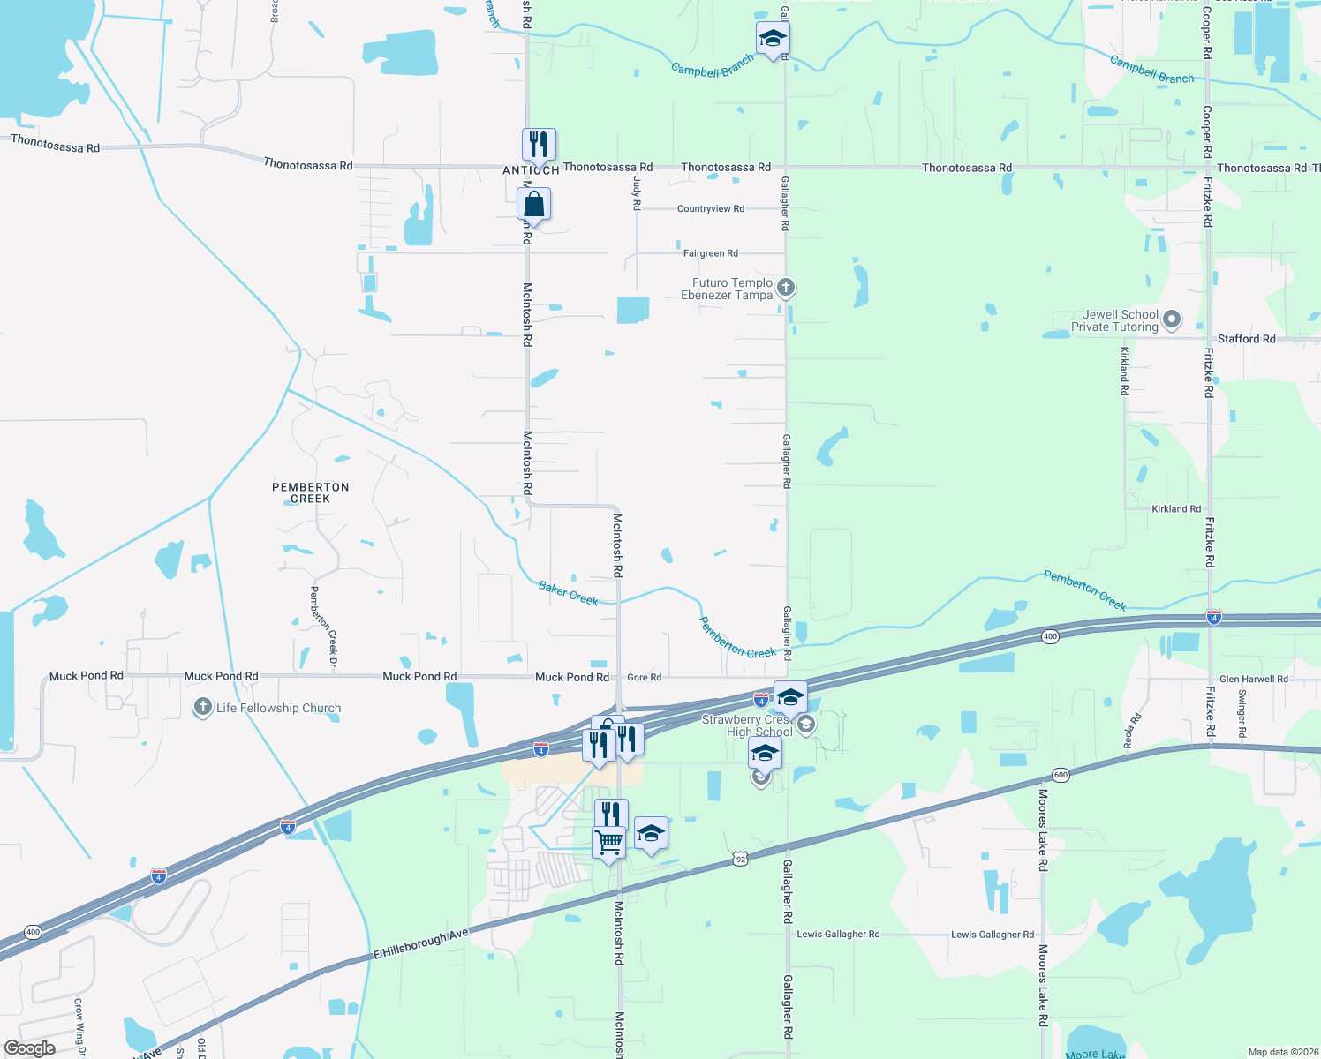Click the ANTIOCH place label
tap(531, 170)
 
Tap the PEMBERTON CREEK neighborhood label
tap(310, 492)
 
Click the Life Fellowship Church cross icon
tap(203, 707)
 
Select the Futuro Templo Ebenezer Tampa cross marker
tap(785, 288)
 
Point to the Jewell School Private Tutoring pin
tap(1172, 319)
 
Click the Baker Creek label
tap(568, 593)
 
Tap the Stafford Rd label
tap(1246, 339)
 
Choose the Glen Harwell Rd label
tap(1253, 679)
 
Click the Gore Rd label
tap(644, 678)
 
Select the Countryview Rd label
tap(710, 209)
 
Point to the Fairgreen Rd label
tap(710, 253)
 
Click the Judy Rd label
tap(637, 192)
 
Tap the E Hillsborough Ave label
tap(420, 943)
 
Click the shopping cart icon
tap(608, 843)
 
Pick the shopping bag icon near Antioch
tap(534, 205)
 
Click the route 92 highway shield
tap(740, 859)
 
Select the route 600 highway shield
tap(1061, 775)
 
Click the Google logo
tap(29, 1048)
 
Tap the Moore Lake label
tap(1095, 1054)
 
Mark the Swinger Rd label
tap(1242, 713)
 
